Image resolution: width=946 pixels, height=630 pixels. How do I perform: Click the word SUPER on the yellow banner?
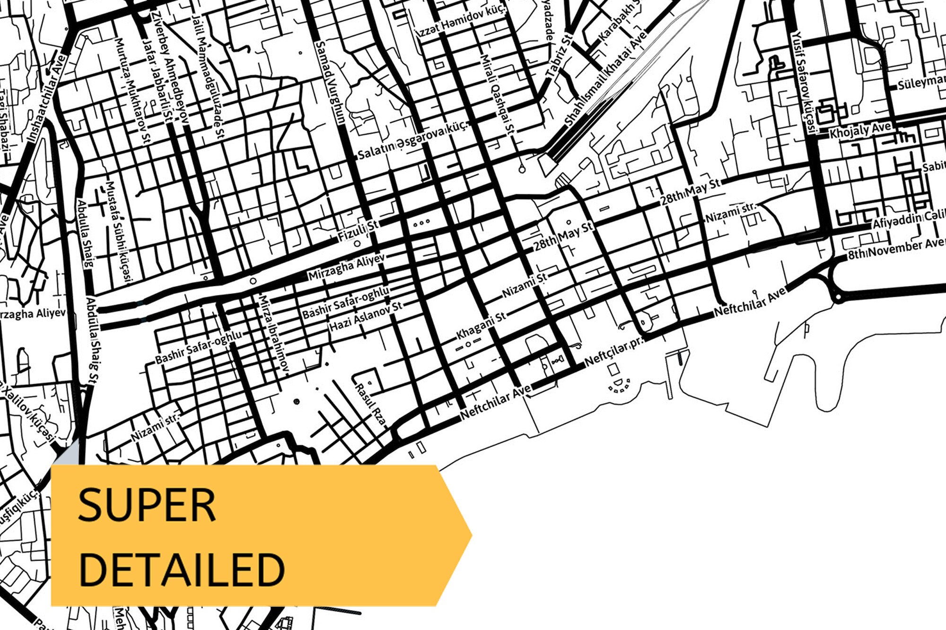147,505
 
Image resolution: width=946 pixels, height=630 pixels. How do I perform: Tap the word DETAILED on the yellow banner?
182,570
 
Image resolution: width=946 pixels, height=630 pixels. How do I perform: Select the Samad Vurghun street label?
331,83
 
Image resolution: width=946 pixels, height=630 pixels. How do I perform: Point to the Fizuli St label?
358,231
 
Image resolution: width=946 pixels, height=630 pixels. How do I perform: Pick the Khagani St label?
480,326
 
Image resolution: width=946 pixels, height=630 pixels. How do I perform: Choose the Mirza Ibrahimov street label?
273,336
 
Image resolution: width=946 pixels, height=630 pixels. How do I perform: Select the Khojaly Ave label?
860,130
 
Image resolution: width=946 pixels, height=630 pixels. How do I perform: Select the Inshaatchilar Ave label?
46,99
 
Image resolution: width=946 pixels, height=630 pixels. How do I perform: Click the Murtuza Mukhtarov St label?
133,90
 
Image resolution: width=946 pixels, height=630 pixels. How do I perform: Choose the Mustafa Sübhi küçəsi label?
118,232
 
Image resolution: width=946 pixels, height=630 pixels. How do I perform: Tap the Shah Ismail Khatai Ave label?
605,78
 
